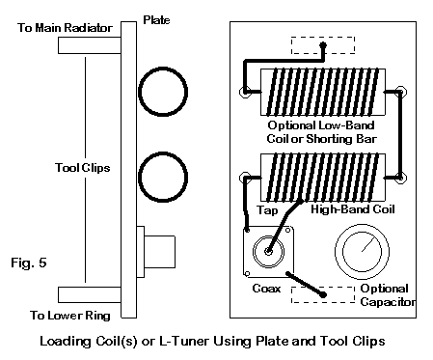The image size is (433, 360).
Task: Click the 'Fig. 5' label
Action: (x=29, y=263)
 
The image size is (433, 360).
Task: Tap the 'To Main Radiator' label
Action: (x=65, y=28)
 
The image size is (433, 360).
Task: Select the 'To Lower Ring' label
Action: (x=70, y=315)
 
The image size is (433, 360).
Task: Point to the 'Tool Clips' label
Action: (x=83, y=168)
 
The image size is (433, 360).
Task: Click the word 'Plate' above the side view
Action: (x=156, y=20)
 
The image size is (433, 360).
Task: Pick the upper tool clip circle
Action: (x=139, y=92)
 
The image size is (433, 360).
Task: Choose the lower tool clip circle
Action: (x=139, y=177)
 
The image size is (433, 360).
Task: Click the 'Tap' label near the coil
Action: (x=267, y=210)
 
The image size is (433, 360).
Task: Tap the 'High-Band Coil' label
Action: (x=353, y=209)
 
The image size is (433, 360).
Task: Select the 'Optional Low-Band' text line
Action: (x=321, y=125)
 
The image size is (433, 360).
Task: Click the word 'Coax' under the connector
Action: (x=266, y=289)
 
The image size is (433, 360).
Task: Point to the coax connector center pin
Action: (x=268, y=252)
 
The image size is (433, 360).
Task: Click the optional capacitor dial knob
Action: (x=363, y=252)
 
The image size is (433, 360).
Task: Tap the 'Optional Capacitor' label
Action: (x=388, y=295)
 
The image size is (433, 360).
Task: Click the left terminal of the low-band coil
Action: (x=245, y=92)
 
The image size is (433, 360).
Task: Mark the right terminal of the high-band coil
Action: (x=401, y=178)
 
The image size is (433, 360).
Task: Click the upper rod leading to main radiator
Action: (x=90, y=45)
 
